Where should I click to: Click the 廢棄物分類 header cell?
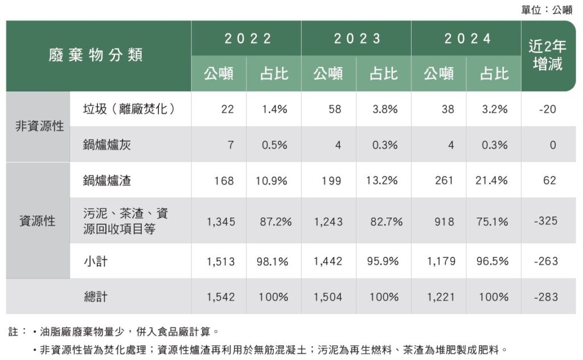point(95,55)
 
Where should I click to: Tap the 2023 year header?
point(357,39)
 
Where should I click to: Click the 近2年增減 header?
point(548,56)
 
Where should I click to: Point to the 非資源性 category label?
point(39,126)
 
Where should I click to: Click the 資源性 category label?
point(38,221)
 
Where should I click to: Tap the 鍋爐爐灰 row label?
point(107,145)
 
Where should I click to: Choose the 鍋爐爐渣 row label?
point(107,181)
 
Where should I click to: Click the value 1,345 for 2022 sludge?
point(221,221)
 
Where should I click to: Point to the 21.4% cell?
point(491,181)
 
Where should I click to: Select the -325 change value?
point(546,221)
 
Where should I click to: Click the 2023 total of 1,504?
point(328,297)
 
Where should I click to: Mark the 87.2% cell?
point(276,221)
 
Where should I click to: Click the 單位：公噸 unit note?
point(547,10)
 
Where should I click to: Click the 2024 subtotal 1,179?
point(440,261)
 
